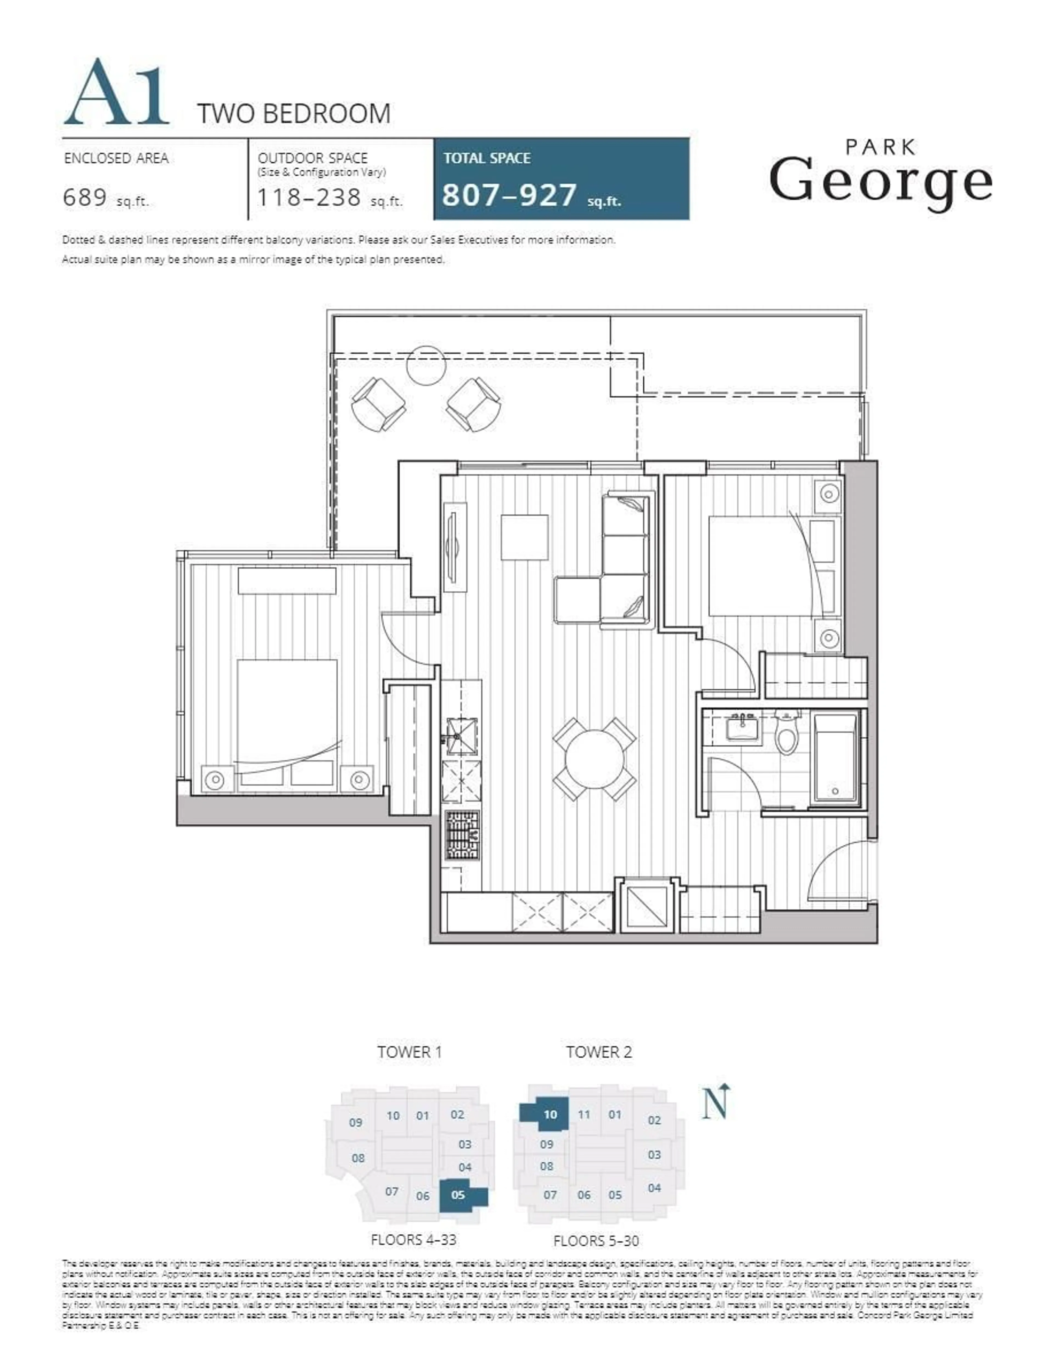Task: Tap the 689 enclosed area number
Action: [x=85, y=198]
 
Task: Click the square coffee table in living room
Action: [x=525, y=537]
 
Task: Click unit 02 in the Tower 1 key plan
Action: [x=457, y=1114]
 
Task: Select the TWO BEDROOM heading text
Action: [x=293, y=114]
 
